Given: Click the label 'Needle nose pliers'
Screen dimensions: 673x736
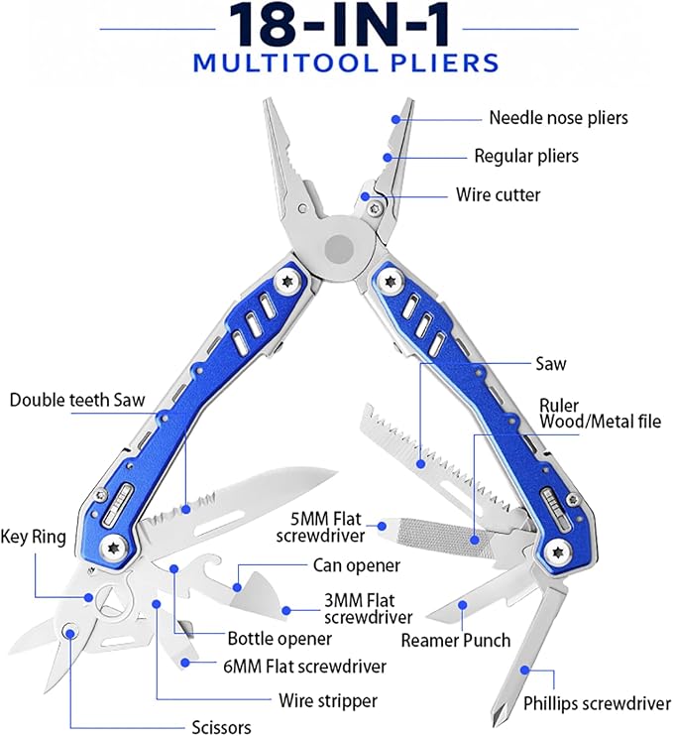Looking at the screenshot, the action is point(558,118).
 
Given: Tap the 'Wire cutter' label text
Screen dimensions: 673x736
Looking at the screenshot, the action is point(499,194).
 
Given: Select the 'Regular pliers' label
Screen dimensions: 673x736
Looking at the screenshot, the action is point(526,157).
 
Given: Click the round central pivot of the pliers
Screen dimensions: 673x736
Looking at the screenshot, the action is point(340,246).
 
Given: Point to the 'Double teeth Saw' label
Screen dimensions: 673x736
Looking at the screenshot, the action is point(77,400).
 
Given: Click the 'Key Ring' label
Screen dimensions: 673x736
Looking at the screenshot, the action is point(33,537).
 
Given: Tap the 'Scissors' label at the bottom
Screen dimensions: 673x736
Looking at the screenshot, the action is point(221,727).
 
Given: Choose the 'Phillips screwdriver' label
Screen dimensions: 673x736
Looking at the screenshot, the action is point(597,703).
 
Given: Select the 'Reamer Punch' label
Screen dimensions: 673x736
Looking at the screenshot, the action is point(455,640).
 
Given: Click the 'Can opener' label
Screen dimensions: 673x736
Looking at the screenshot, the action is point(357,565).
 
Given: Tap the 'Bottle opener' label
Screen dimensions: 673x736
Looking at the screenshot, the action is point(280,639).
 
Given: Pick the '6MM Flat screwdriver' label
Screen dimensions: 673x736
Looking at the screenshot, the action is point(305,666).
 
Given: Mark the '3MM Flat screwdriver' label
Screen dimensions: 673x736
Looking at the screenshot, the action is point(368,608).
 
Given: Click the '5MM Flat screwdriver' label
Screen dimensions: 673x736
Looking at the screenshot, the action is point(320,527).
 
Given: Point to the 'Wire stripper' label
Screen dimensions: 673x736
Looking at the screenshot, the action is point(328,701).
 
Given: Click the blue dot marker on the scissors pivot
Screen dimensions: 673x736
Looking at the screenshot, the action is point(70,633).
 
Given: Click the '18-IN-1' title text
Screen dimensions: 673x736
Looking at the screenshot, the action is point(339,25).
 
